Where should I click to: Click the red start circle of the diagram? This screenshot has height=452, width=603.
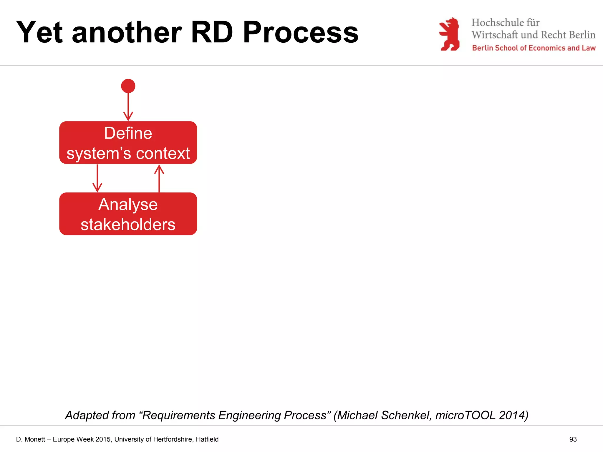128,86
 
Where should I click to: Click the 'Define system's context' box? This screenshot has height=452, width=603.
128,143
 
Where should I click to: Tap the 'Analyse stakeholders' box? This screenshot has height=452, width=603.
128,214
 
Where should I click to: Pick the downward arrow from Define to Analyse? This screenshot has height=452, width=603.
97,178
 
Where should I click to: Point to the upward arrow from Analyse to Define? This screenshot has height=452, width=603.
159,178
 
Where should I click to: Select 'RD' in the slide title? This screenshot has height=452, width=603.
212,32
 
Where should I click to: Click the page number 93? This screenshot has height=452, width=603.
573,439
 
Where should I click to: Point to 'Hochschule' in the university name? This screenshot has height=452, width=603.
495,23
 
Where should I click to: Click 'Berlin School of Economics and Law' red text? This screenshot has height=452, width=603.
534,48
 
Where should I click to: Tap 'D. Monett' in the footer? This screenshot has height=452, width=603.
30,439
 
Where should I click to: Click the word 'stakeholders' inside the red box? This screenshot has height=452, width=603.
128,225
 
